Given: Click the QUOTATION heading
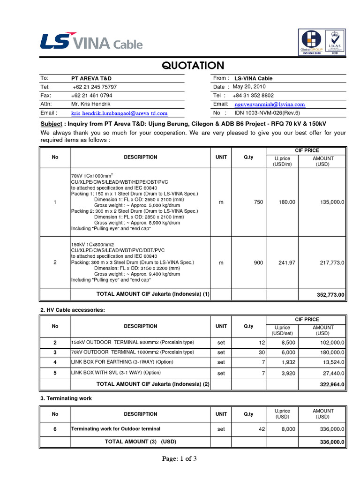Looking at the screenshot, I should [193, 65].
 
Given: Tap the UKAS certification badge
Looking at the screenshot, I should [335, 42].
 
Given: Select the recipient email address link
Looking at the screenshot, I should [119, 113].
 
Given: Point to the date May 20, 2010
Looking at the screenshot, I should [249, 87].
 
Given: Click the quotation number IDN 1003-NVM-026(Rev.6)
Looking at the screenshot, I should [267, 113].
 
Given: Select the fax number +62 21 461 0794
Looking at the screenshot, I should [92, 96].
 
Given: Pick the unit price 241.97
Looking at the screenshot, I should [287, 263].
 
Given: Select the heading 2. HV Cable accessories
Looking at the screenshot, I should [73, 310].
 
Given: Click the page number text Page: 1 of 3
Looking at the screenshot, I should [180, 459].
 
